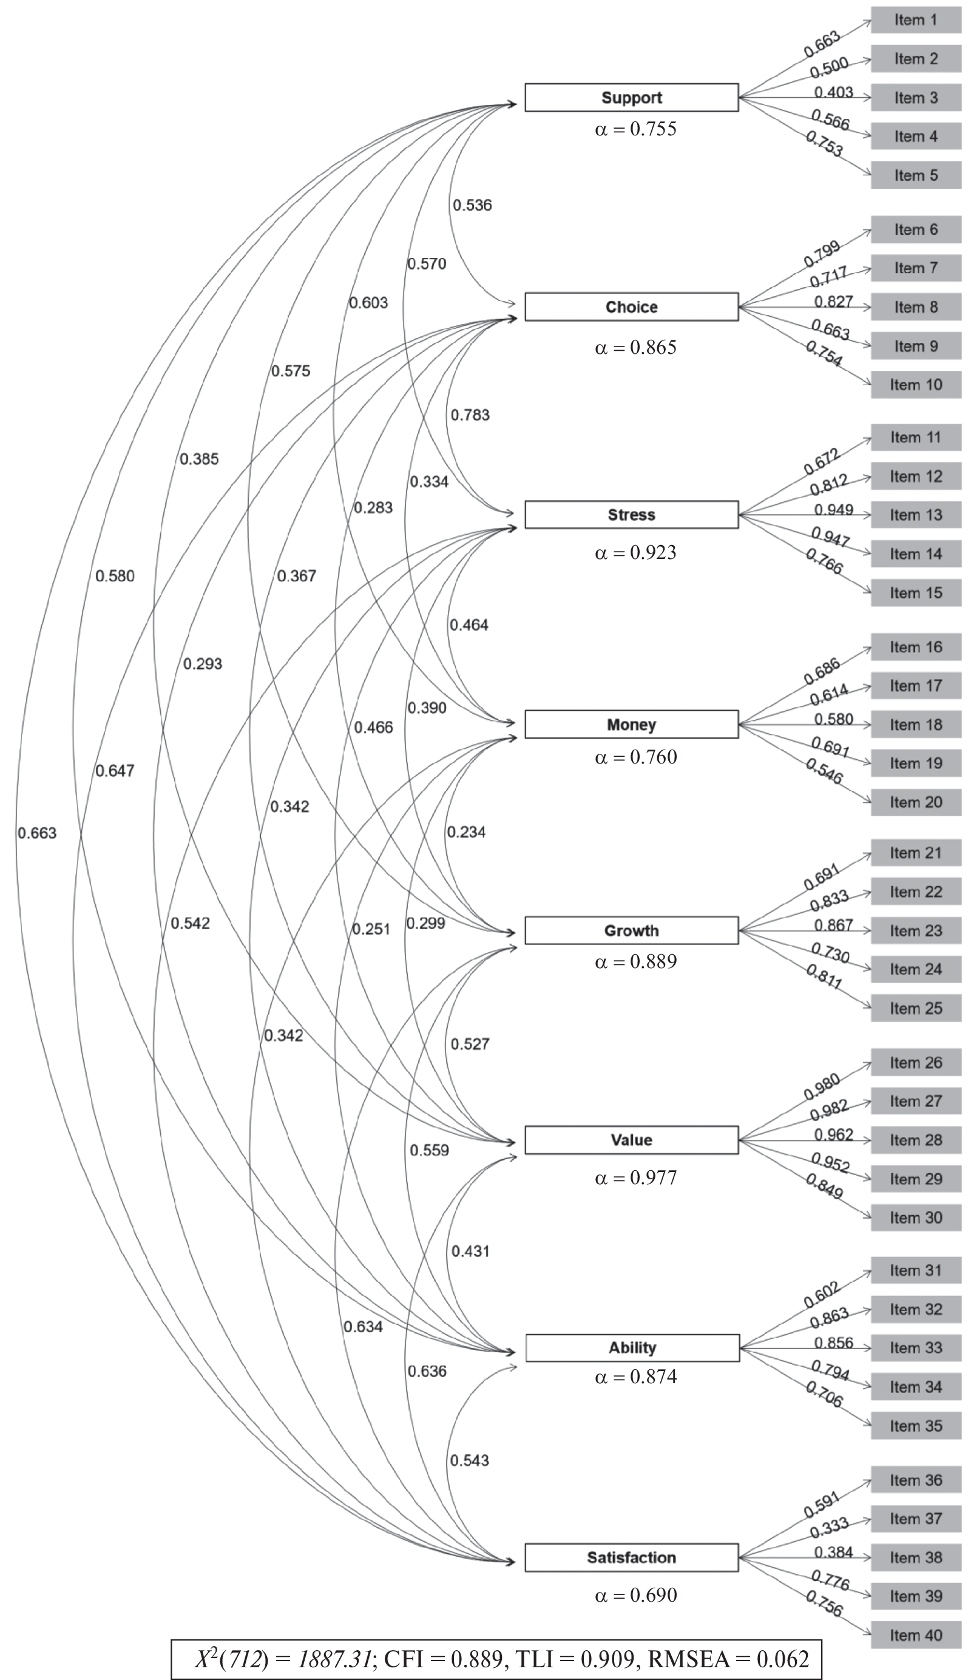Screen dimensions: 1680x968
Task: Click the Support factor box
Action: (631, 97)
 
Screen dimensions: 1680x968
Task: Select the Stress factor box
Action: (631, 515)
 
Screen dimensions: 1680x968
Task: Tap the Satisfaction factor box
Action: (631, 1557)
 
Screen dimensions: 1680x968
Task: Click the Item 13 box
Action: (915, 515)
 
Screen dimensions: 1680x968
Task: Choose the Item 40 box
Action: (915, 1635)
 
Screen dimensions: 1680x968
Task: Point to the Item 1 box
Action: (915, 20)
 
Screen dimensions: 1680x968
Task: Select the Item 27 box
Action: (915, 1101)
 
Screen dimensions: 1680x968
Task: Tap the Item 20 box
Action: (915, 802)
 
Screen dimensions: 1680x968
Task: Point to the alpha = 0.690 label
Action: (635, 1595)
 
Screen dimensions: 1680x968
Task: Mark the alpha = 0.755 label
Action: (635, 128)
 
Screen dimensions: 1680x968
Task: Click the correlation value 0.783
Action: (470, 415)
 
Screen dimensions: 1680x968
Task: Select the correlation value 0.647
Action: (115, 771)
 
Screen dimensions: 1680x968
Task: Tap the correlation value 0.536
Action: (473, 205)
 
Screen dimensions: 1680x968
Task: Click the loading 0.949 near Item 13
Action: (834, 510)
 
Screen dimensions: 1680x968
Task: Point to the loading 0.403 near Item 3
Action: (834, 92)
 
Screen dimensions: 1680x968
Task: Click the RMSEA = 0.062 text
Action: (729, 1659)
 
